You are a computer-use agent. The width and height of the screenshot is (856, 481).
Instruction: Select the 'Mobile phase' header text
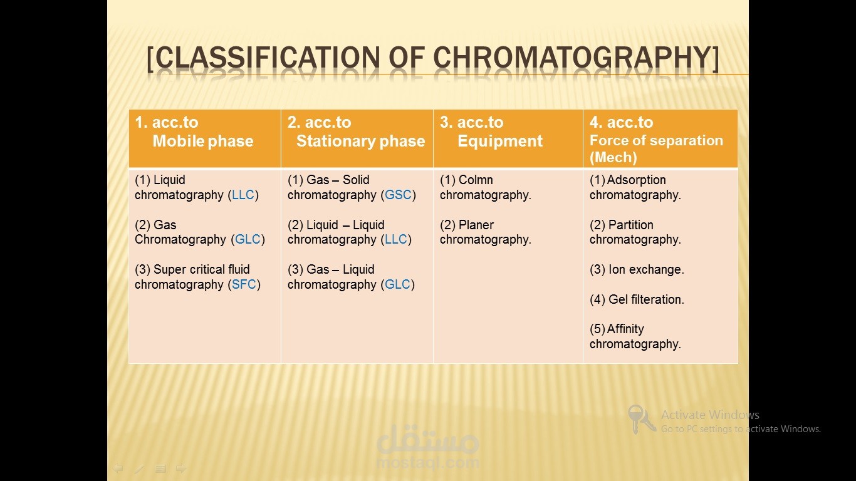tap(203, 142)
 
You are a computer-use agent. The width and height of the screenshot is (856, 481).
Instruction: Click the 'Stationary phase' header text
tap(361, 142)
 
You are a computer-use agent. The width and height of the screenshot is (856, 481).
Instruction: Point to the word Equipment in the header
tap(500, 142)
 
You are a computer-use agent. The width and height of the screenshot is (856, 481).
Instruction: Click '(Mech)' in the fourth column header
tap(613, 157)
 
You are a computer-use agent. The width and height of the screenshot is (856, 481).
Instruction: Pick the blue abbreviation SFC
tap(244, 284)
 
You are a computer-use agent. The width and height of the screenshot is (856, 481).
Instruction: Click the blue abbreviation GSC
tap(398, 195)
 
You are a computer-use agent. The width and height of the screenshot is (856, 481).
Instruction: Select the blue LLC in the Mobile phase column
tap(243, 195)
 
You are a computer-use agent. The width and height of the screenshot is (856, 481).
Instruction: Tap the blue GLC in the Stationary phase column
tap(397, 284)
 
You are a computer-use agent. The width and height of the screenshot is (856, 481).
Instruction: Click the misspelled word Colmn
tap(476, 180)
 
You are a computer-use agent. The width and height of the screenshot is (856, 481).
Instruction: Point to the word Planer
tap(476, 225)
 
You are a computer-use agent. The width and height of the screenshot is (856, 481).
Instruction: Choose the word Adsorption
tap(636, 180)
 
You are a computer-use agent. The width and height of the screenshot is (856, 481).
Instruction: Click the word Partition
tap(631, 225)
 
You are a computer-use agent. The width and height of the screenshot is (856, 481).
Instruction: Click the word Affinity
tap(625, 329)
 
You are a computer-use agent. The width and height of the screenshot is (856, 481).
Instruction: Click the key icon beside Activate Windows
tap(641, 419)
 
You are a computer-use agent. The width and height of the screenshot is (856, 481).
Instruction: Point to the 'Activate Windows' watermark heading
tap(710, 415)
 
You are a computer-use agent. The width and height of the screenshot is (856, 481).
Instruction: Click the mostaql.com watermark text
tap(428, 463)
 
